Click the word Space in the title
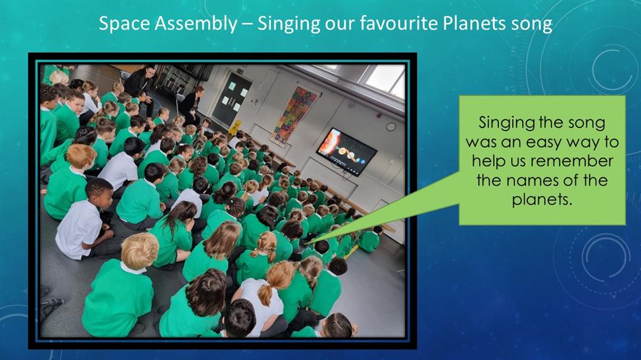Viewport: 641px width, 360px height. click(x=124, y=23)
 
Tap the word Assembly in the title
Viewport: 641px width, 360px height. click(x=195, y=24)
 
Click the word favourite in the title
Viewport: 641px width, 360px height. click(x=399, y=23)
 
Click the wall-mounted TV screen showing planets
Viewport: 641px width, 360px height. click(x=346, y=152)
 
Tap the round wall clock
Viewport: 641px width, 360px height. click(x=391, y=127)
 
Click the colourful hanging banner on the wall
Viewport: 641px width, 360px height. click(x=295, y=116)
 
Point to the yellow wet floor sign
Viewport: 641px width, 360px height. click(x=234, y=128)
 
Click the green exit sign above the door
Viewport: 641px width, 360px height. click(x=240, y=71)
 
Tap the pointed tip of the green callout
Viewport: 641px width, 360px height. click(x=305, y=244)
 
